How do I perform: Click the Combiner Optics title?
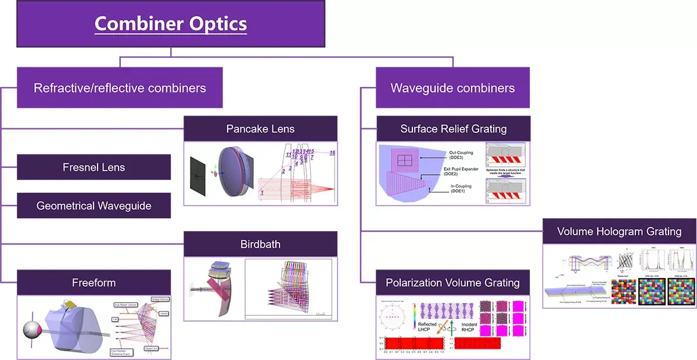[x=170, y=24]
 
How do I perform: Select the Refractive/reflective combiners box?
[x=120, y=88]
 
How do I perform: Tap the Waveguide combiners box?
[x=452, y=88]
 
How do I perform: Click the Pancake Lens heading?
[x=260, y=128]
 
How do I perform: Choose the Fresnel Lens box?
[x=94, y=167]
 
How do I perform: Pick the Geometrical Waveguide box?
[x=94, y=206]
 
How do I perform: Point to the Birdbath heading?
[x=260, y=244]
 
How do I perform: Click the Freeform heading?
[x=94, y=283]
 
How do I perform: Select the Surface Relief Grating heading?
[x=453, y=128]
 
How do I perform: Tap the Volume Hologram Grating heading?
[x=619, y=231]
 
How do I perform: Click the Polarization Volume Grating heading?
[x=452, y=283]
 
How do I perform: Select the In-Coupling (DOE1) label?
[x=461, y=189]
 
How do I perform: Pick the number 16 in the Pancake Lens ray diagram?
[x=332, y=153]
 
